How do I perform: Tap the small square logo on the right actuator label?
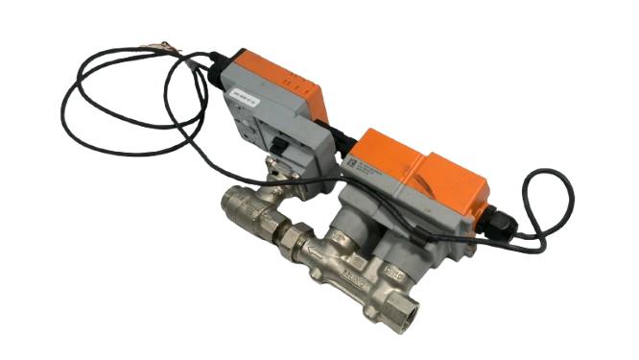[x=352, y=163]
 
